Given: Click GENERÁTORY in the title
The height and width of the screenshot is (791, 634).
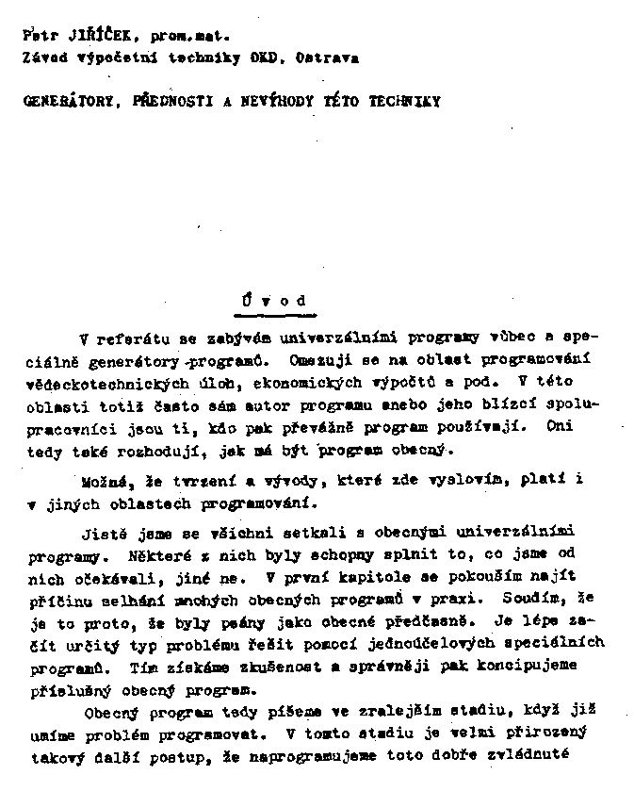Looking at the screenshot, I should [x=65, y=101].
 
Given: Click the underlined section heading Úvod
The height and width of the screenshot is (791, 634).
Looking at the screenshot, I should [x=273, y=302].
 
